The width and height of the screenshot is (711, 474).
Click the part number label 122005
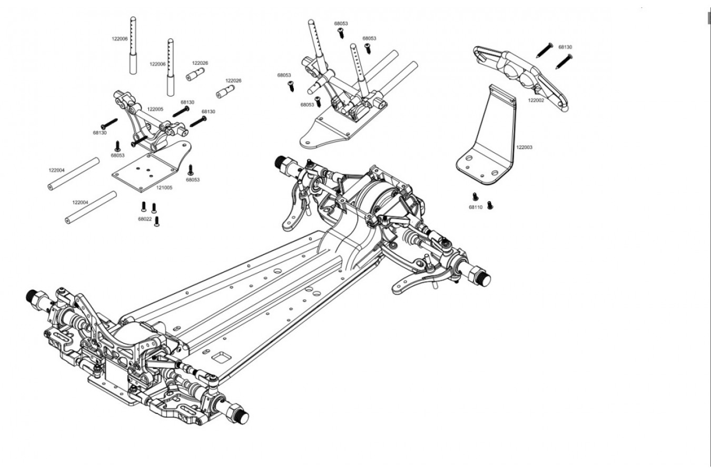[155, 109]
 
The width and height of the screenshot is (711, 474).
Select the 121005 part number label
[164, 187]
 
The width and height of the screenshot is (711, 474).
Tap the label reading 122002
[536, 100]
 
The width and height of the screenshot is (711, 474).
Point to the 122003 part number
[525, 147]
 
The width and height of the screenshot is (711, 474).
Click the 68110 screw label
[476, 208]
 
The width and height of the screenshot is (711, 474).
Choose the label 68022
[145, 219]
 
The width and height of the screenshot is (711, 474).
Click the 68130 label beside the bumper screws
[565, 47]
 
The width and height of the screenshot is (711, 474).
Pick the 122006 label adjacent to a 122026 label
[158, 64]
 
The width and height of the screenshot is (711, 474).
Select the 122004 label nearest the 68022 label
[80, 203]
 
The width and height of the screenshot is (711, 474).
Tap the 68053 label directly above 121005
[193, 180]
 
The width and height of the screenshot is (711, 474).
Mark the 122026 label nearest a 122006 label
[200, 63]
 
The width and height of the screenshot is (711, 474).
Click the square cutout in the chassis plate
[221, 357]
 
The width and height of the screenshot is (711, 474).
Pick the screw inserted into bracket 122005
[139, 142]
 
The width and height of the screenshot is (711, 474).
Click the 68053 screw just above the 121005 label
[191, 170]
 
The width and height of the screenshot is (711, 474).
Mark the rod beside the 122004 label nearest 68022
[91, 208]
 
